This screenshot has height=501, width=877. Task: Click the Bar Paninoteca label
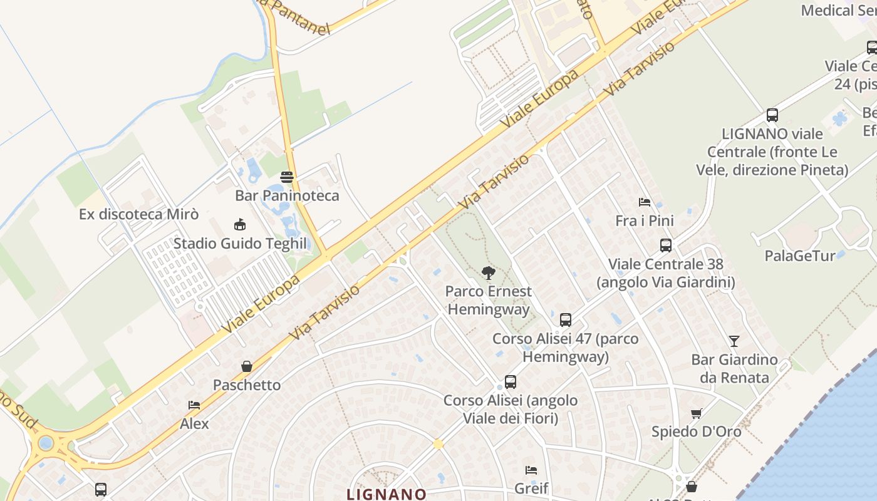(x=287, y=195)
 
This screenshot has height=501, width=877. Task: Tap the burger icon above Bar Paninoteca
(x=287, y=177)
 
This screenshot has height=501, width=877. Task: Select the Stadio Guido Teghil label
(x=240, y=244)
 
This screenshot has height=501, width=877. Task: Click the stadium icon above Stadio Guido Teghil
(x=239, y=225)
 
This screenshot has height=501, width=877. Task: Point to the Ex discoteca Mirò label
(x=138, y=214)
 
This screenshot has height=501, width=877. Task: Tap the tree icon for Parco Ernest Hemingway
(x=489, y=272)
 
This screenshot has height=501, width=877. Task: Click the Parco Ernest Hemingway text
(x=489, y=300)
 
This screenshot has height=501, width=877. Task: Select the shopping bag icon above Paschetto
(x=247, y=366)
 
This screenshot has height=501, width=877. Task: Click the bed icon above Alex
(x=194, y=405)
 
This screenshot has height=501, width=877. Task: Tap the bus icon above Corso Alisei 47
(x=566, y=320)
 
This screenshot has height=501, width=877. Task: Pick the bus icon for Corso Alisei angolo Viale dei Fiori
(x=511, y=382)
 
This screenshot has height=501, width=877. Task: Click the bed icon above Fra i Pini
(x=645, y=202)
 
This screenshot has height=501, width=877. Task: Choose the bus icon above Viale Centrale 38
(x=666, y=245)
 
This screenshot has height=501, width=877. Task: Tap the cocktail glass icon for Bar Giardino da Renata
(x=734, y=341)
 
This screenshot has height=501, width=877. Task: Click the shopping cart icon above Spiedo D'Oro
(x=696, y=413)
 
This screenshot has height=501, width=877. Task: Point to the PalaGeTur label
(x=800, y=256)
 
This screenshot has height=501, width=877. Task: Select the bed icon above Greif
(x=531, y=470)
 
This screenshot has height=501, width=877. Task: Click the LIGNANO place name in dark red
(x=387, y=494)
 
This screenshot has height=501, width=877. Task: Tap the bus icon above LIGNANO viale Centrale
(x=772, y=115)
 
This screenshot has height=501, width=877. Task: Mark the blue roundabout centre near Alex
(x=46, y=443)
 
